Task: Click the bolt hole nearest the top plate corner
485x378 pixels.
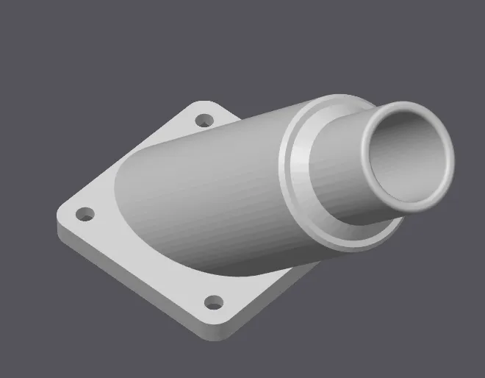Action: pos(204,119)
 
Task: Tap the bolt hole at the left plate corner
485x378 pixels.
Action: pos(86,215)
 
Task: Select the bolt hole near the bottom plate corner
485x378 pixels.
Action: pos(213,302)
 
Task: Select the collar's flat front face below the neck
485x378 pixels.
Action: pos(345,235)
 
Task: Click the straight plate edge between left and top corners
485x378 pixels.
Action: pos(125,158)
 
